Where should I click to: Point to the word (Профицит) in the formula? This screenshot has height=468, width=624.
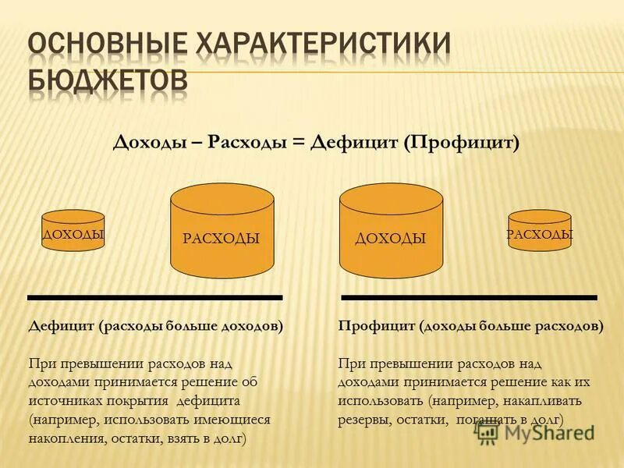pyautogui.click(x=461, y=144)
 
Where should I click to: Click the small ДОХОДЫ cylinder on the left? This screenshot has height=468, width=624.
pyautogui.click(x=73, y=232)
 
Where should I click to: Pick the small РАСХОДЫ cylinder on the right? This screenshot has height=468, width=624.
pyautogui.click(x=540, y=232)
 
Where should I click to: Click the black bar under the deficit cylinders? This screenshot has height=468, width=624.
pyautogui.click(x=154, y=297)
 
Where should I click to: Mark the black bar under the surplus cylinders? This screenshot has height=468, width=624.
pyautogui.click(x=469, y=297)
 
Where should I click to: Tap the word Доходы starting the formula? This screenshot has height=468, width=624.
pyautogui.click(x=147, y=144)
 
